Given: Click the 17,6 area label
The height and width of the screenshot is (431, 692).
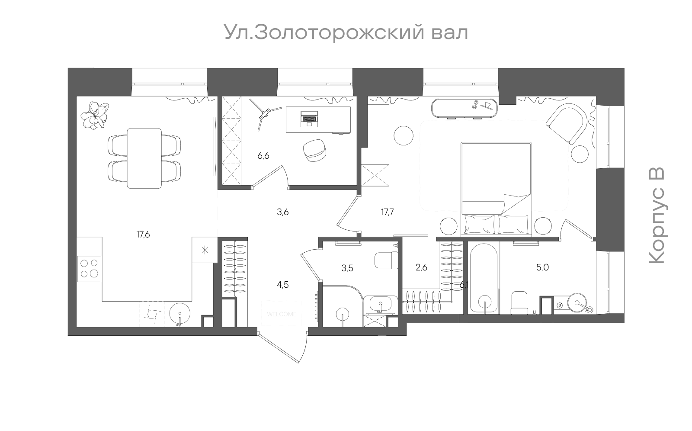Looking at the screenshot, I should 143,235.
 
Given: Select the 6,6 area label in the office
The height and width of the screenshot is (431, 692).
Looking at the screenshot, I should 263,156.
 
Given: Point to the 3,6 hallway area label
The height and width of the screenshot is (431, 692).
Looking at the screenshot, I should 282,212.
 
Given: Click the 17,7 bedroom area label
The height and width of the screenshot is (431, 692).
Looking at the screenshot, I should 387,212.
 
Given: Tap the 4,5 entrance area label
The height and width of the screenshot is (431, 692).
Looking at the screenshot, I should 282,284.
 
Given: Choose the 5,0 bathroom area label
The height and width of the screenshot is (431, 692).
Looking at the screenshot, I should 542,267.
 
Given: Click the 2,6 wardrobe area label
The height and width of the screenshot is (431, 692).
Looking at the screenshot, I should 421,267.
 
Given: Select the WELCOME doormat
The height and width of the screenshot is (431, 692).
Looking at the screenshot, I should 282,314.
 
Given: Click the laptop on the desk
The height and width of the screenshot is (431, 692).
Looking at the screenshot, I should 309,119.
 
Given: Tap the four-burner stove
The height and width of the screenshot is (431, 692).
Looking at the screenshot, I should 90,267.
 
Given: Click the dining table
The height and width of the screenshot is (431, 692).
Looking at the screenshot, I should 144,158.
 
